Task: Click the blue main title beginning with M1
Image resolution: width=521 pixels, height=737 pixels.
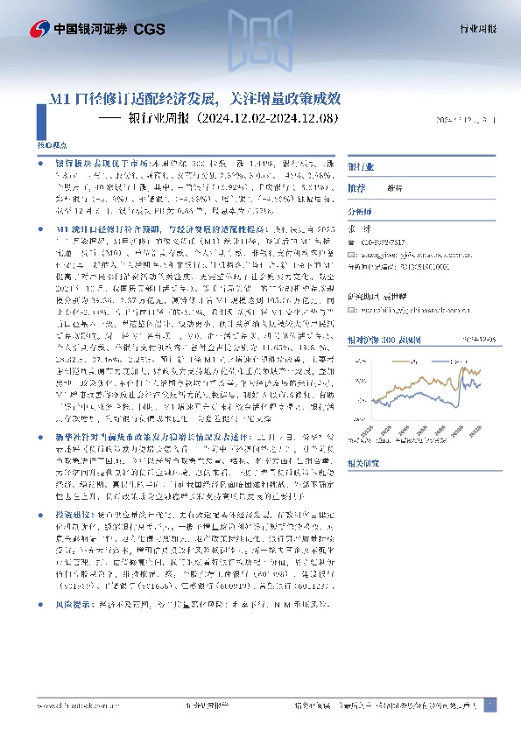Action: tap(199, 99)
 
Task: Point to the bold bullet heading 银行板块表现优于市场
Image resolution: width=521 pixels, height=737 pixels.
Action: tap(93, 164)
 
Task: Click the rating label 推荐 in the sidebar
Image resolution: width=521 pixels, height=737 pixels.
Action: tap(356, 187)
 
